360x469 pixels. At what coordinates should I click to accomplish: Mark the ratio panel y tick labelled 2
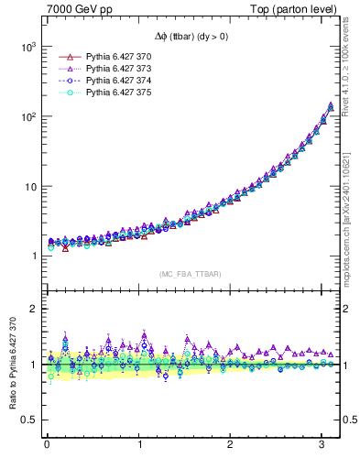[x=34, y=309]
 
